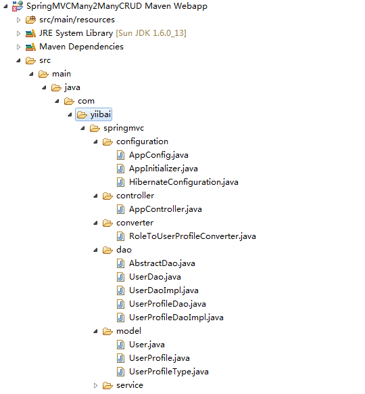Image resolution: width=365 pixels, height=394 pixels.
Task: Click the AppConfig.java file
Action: tap(159, 155)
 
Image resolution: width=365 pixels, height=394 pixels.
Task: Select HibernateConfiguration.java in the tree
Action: tap(184, 182)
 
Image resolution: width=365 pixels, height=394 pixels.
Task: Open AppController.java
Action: tap(166, 209)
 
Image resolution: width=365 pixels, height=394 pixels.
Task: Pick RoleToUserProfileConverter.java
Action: tap(193, 236)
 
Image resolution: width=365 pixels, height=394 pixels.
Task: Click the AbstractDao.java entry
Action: tap(162, 263)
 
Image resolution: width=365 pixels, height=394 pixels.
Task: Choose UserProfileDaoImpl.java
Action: tap(176, 318)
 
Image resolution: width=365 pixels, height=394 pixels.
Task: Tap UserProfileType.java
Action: tap(169, 372)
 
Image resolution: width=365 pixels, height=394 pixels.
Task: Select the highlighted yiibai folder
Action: tap(93, 114)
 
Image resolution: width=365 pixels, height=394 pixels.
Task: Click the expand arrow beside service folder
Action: tap(95, 385)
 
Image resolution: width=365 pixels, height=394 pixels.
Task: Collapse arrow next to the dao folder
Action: tap(95, 250)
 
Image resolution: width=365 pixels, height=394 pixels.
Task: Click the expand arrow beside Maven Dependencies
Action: tap(18, 47)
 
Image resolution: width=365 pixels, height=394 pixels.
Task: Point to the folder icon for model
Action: tap(107, 332)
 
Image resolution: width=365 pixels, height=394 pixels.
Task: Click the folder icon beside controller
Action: tap(107, 196)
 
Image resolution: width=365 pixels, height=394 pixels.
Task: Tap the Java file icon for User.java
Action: tap(121, 345)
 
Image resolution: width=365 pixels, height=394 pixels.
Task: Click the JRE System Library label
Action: tap(76, 33)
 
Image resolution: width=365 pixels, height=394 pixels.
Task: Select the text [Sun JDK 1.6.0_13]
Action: tap(151, 33)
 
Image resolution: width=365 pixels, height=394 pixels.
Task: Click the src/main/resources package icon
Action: tap(30, 20)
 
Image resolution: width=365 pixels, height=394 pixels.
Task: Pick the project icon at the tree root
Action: tap(18, 6)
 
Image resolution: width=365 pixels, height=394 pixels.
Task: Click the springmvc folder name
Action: tap(124, 128)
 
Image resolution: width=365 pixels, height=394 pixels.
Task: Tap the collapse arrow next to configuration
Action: tap(95, 142)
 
